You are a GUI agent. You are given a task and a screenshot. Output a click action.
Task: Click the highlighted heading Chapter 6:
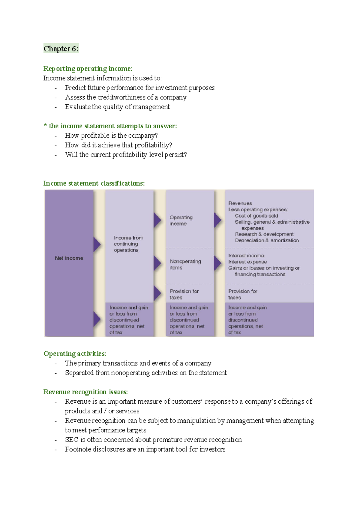(61, 49)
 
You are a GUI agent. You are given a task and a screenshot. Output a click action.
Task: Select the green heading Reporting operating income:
(88, 68)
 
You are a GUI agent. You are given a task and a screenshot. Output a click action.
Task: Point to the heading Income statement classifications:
(94, 183)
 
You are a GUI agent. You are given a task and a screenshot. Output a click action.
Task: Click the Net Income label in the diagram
(69, 258)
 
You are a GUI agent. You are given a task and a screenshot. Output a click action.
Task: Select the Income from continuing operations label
(128, 244)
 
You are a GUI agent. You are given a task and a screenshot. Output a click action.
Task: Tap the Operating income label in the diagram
(181, 220)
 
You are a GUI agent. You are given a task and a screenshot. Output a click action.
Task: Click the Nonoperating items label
(185, 264)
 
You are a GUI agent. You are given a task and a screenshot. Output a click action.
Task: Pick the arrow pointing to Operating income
(157, 220)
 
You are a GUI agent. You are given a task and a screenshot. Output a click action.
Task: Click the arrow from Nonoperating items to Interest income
(217, 263)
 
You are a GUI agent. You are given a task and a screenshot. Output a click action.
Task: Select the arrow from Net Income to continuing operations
(97, 244)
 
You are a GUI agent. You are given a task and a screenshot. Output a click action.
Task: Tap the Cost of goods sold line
(256, 216)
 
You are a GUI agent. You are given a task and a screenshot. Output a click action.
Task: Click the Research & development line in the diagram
(264, 234)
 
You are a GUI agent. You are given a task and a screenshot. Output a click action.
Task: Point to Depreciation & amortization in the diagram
(267, 241)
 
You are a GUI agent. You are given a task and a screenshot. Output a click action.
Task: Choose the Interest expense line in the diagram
(247, 262)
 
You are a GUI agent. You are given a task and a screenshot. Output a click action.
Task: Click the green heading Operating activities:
(75, 354)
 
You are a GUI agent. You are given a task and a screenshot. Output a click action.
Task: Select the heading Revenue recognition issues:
(86, 392)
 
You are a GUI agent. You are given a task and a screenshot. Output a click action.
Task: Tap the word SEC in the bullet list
(72, 440)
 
